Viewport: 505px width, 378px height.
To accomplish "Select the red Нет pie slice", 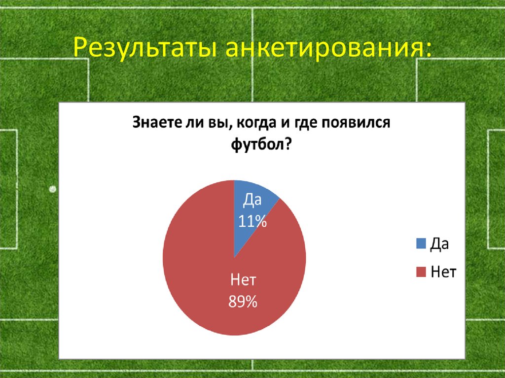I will (x=207, y=276).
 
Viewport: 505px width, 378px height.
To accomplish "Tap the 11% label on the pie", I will (x=252, y=222).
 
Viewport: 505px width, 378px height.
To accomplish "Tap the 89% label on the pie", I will (x=243, y=302).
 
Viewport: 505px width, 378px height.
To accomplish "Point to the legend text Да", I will (x=440, y=243).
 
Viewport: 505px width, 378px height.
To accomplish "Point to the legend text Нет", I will (x=443, y=272).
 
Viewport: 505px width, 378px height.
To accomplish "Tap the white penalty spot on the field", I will (x=53, y=188).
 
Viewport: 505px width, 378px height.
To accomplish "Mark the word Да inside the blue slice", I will (x=252, y=201).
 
